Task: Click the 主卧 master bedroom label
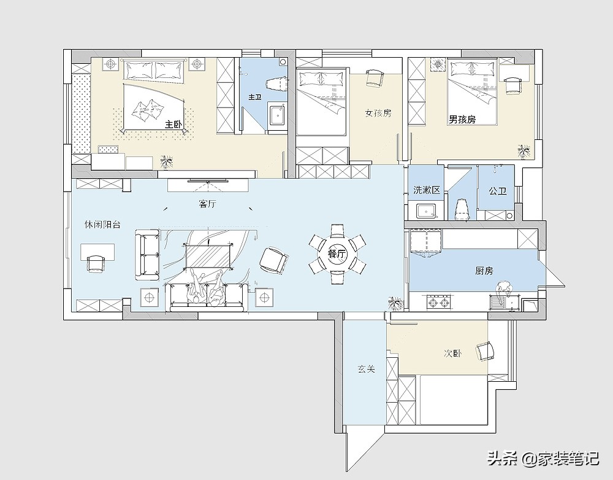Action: (173, 125)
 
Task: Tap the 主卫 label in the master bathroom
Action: (255, 96)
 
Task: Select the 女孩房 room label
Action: (378, 113)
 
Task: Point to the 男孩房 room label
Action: (462, 119)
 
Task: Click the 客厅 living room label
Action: (207, 204)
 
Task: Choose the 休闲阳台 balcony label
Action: (103, 224)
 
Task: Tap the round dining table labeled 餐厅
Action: (337, 254)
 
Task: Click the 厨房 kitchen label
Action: (484, 271)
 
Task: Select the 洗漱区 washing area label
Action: (427, 190)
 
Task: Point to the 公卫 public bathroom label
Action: (498, 191)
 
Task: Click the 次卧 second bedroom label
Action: (453, 353)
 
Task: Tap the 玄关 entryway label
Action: (367, 369)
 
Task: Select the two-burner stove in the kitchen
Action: (438, 302)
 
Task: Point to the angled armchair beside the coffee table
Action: (273, 260)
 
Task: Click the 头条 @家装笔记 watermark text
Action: (543, 459)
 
